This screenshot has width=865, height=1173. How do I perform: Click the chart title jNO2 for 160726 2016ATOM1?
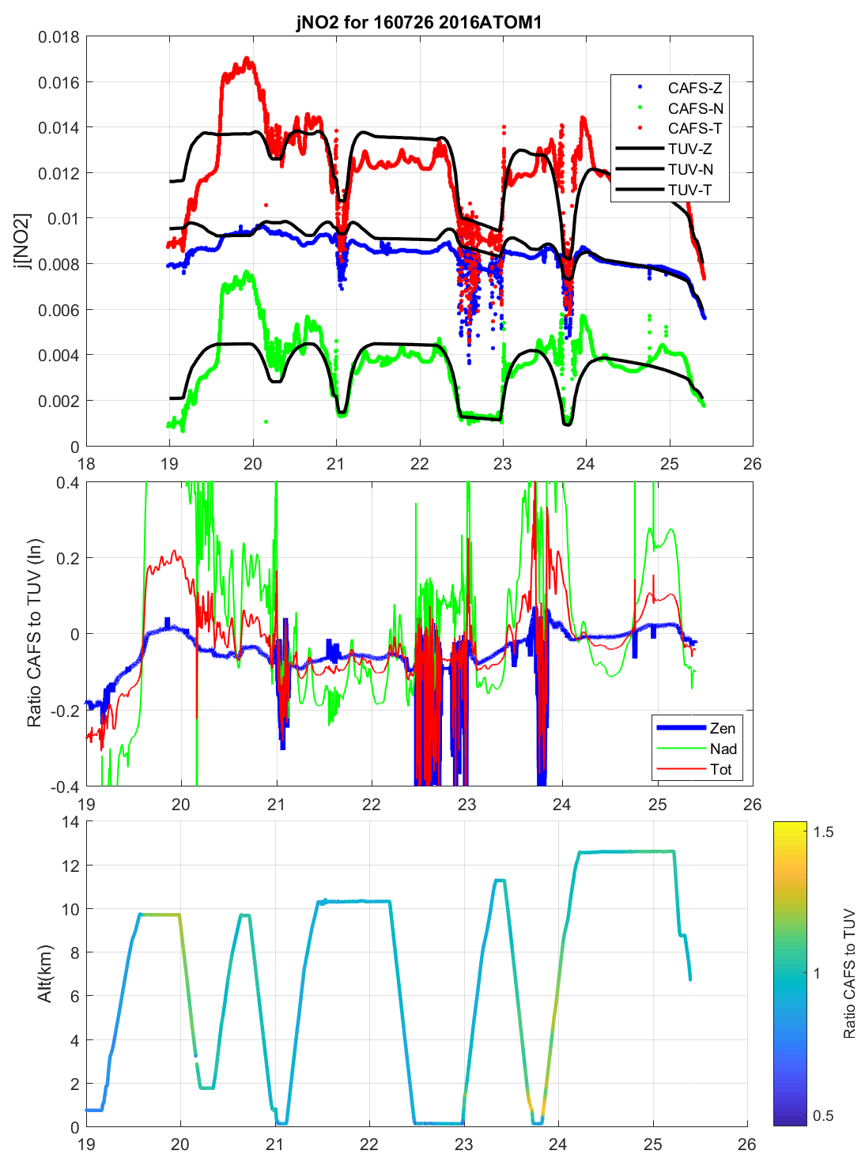pos(419,22)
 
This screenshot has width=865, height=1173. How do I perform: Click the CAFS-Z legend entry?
pos(694,88)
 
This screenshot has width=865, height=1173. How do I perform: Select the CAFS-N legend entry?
pos(695,108)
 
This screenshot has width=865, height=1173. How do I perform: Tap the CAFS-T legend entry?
pos(694,128)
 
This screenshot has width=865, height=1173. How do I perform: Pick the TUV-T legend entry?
pos(689,190)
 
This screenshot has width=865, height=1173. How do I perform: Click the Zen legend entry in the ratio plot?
pos(722,728)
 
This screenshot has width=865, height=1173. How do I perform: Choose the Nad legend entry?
pos(723,749)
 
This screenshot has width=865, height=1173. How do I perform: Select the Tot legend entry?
pos(720,769)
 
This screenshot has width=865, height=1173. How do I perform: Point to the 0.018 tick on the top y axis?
pos(59,37)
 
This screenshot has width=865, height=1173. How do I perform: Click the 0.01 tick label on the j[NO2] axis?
pos(63,218)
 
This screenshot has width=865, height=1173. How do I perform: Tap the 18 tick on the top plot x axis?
pos(86,464)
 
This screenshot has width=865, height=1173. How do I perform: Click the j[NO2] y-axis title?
pos(23,241)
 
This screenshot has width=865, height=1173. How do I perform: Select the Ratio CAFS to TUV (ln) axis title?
pos(34,633)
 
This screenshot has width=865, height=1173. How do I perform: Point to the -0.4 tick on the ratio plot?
pos(64,787)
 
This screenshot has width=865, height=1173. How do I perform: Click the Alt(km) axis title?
pos(45,974)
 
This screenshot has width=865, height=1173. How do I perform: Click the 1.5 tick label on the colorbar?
pos(823,832)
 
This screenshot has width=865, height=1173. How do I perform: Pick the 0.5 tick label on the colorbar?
pos(823,1116)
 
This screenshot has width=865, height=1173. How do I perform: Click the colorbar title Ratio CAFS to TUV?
pos(849,974)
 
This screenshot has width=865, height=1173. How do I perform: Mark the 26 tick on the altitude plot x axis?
pos(747,1145)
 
